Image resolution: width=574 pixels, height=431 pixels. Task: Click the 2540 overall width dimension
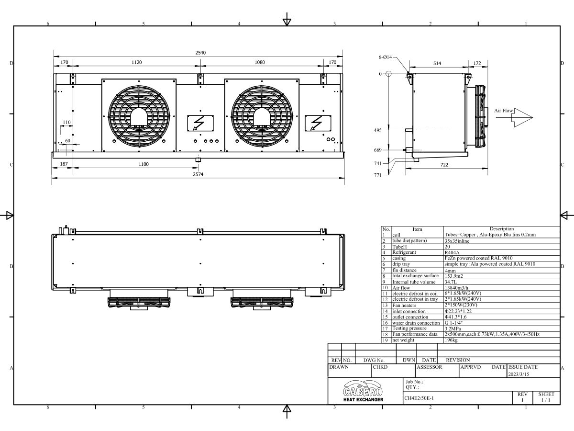(x=200, y=53)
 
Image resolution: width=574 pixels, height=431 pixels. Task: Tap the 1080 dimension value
(x=259, y=62)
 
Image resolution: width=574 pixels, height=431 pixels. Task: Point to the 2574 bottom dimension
(x=198, y=175)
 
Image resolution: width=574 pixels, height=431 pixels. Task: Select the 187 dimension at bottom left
(x=63, y=164)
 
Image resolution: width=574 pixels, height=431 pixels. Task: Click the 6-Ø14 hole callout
(x=385, y=57)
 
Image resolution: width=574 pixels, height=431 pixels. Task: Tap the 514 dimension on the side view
(x=437, y=63)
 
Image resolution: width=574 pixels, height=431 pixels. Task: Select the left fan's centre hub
(x=139, y=116)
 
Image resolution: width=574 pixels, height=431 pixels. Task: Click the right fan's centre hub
(x=262, y=116)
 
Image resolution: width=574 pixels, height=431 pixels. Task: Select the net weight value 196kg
(x=452, y=340)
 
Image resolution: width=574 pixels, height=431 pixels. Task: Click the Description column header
(x=501, y=229)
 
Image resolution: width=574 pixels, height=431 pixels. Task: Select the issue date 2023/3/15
(x=519, y=374)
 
